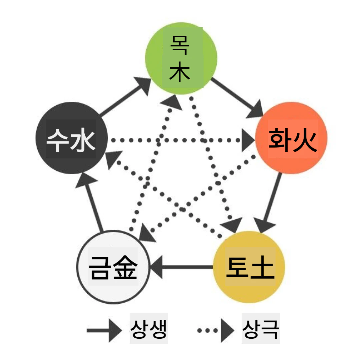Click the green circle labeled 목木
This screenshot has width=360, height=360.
tap(181, 59)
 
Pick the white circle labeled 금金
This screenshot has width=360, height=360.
tap(113, 267)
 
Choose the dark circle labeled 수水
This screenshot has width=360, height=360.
tap(71, 138)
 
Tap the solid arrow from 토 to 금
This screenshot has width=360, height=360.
tap(182, 267)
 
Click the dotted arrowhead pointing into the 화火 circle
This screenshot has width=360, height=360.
tap(248, 140)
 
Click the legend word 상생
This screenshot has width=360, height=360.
tap(149, 330)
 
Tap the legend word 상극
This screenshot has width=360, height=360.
tap(261, 330)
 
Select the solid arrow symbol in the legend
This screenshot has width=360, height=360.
tap(103, 330)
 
